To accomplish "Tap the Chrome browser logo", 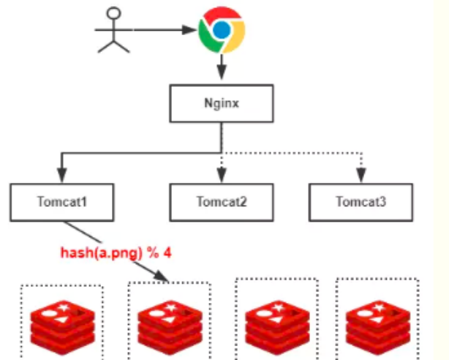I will (x=222, y=31).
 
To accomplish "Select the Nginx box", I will (x=221, y=102).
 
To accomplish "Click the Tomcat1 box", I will (x=62, y=201).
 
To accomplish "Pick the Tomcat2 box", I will (x=221, y=201).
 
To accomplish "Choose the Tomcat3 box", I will (x=361, y=201).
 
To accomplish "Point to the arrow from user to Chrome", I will (x=165, y=31).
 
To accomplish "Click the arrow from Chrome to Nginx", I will (x=221, y=70).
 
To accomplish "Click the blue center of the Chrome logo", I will (x=222, y=31).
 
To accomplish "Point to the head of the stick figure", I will (x=113, y=13).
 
